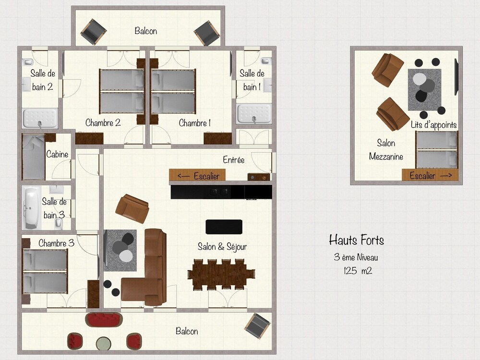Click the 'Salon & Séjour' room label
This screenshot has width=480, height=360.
coord(222,246)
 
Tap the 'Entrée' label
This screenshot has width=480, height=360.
coord(234,160)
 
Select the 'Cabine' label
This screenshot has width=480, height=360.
coord(57,154)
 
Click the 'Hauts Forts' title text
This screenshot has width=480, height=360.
coord(356,240)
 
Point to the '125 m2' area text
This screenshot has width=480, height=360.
coord(358,271)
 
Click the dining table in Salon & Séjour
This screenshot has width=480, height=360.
coord(221,275)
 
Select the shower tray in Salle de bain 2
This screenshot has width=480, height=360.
coord(40,118)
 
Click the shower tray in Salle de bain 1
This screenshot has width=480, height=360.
coord(254,114)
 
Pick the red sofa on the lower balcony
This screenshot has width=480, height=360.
coord(104,320)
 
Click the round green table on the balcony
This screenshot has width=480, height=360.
coord(104,344)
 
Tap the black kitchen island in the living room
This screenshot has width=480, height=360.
coord(224,227)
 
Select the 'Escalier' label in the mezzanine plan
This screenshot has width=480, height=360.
coord(422,175)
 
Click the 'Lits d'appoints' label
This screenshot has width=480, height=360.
coord(434,125)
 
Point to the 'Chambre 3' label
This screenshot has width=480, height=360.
coord(56,243)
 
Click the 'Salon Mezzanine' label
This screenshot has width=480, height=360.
coord(386,150)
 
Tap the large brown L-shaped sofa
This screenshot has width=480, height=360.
coord(147,269)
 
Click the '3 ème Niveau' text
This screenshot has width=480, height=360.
coord(356,257)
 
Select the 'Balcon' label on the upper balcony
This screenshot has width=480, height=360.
coord(146,31)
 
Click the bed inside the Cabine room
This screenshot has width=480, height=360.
coord(34,157)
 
